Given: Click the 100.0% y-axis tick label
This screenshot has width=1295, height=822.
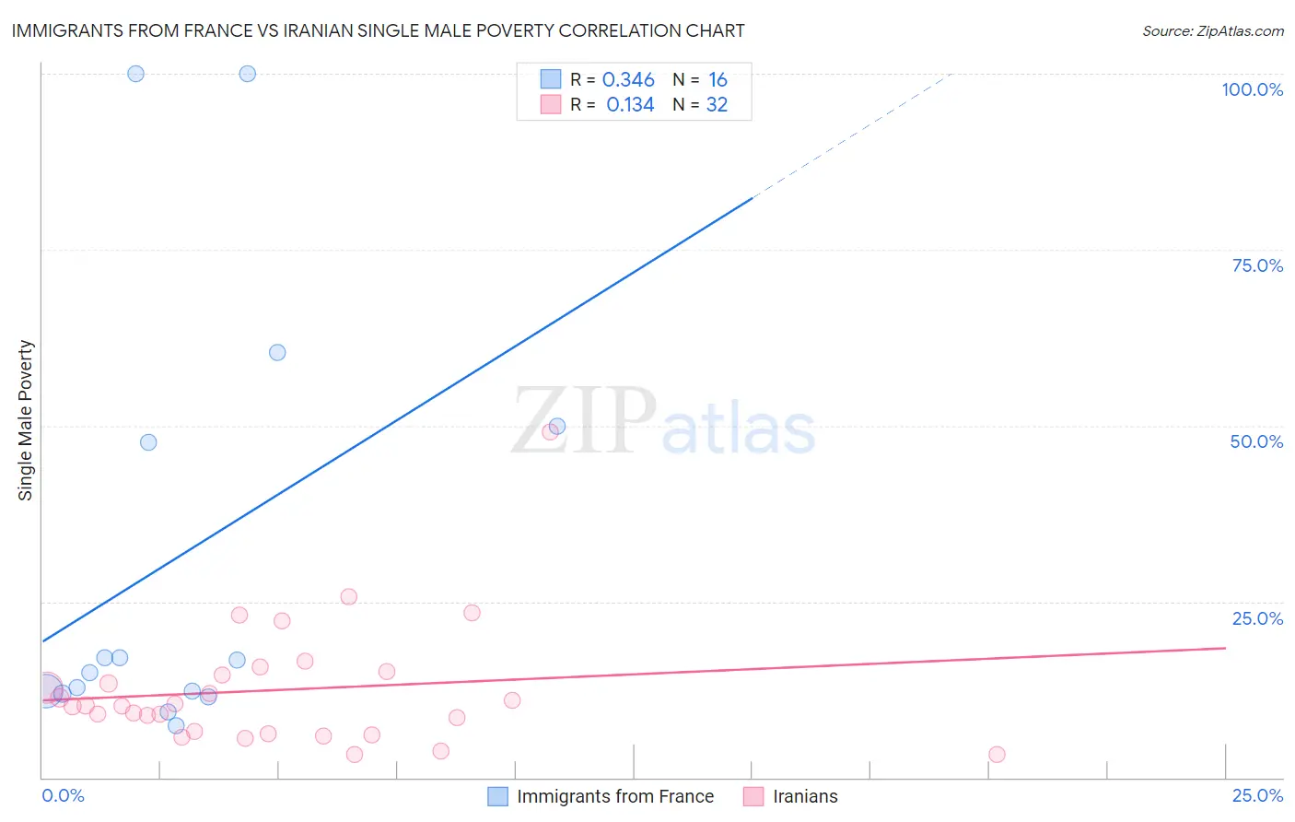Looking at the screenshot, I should pyautogui.click(x=1252, y=89).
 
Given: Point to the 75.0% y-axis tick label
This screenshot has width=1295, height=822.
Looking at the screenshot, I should pyautogui.click(x=1257, y=265).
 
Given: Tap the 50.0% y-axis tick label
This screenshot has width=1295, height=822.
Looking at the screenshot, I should pyautogui.click(x=1256, y=441).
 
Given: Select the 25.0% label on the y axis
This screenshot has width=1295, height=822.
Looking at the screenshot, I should pyautogui.click(x=1257, y=618).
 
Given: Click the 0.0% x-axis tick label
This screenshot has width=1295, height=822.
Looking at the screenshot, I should pyautogui.click(x=63, y=795).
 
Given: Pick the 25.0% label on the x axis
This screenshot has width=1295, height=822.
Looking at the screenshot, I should pyautogui.click(x=1257, y=795).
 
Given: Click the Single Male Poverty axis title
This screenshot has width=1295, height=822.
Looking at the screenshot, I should pyautogui.click(x=26, y=420).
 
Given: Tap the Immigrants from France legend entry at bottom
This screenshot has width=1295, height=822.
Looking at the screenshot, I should pyautogui.click(x=614, y=796).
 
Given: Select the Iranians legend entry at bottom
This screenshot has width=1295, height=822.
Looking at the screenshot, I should pyautogui.click(x=805, y=796).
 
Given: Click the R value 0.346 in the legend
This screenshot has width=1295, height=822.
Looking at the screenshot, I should pyautogui.click(x=628, y=80).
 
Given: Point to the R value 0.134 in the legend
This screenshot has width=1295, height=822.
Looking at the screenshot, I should pyautogui.click(x=630, y=105).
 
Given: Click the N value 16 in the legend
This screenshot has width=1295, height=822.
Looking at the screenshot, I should pyautogui.click(x=717, y=80).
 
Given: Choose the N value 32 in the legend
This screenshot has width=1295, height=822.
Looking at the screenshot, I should pyautogui.click(x=717, y=105).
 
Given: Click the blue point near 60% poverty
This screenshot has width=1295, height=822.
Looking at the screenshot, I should pyautogui.click(x=277, y=352).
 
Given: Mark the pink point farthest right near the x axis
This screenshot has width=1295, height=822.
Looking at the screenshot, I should pyautogui.click(x=997, y=754).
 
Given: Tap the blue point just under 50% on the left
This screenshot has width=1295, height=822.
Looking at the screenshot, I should pyautogui.click(x=148, y=442).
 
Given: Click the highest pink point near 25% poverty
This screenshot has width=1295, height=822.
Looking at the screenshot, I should pyautogui.click(x=349, y=596).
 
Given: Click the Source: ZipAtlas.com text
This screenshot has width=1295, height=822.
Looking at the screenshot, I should pyautogui.click(x=1212, y=31).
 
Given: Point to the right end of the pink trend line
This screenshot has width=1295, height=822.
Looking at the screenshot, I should pyautogui.click(x=1224, y=648).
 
